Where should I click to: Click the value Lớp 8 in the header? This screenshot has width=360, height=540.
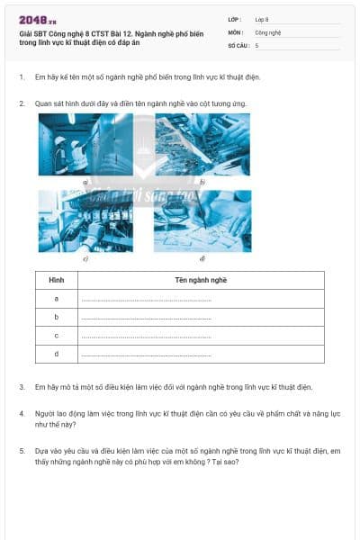coord(262,19)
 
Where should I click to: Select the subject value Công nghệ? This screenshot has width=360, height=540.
coord(267,31)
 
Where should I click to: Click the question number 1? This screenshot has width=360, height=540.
coord(21,76)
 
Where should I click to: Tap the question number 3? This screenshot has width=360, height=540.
coord(21,387)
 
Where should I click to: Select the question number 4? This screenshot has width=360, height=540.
coord(21,413)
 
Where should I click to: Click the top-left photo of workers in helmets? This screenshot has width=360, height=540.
coord(85,143)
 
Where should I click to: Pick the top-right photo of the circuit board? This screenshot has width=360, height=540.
coord(202,143)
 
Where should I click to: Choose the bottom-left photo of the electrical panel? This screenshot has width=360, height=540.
coord(85,221)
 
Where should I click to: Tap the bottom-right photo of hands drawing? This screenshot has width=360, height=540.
coord(202,221)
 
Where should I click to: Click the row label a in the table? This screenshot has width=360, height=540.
coord(57,299)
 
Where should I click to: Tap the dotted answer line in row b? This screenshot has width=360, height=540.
coord(146,318)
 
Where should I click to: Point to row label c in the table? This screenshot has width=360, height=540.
coord(57,336)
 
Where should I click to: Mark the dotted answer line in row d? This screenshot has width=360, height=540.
coord(146,355)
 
